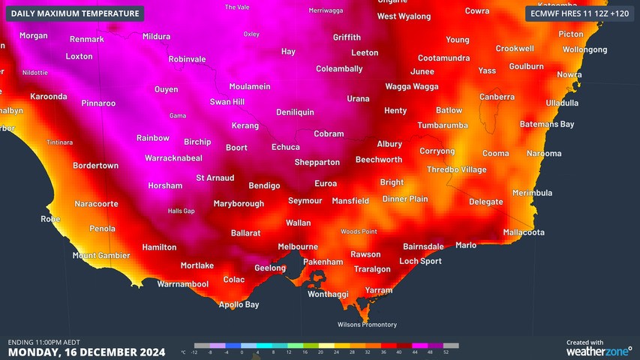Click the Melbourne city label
click(298, 247)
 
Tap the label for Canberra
click(497, 97)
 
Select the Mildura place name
click(156, 36)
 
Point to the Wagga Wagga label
click(411, 86)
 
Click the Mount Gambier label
click(101, 256)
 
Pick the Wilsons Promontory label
click(367, 325)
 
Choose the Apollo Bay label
click(239, 304)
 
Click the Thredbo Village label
click(456, 169)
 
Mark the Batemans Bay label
click(546, 124)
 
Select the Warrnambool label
click(182, 284)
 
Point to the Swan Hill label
click(227, 102)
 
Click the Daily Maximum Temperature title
click(75, 13)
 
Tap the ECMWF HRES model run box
click(578, 13)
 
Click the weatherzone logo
click(599, 350)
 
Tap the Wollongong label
click(584, 49)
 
